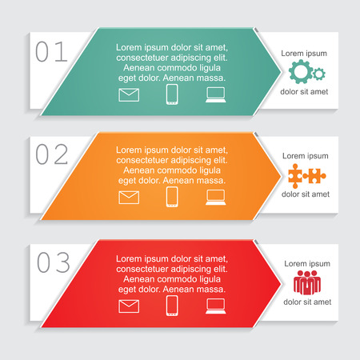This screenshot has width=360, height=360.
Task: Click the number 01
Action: coord(52,52)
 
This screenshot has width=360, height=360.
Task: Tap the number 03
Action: coord(53,261)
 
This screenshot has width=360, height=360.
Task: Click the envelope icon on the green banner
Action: coord(129,95)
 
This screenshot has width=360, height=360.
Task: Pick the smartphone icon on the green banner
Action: coord(171,94)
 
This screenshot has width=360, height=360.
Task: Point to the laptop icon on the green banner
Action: coord(216,95)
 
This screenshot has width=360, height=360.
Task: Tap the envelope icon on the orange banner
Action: coord(129,197)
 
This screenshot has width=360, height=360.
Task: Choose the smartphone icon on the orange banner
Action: coord(171,197)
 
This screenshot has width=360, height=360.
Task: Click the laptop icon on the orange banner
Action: coord(216,198)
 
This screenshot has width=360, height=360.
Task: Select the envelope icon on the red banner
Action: coord(129,305)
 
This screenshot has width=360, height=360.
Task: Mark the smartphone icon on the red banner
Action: coord(171,305)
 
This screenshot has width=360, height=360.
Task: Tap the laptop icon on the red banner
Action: coord(216,305)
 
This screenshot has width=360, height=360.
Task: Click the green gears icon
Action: coord(306,73)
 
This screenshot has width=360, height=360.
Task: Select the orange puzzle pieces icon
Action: coord(305,174)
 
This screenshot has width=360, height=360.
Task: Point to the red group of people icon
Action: coord(305,282)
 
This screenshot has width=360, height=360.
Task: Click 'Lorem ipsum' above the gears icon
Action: coord(305,53)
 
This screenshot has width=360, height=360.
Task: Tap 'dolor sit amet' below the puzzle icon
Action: coord(305,194)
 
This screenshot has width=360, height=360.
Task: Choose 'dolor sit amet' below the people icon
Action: coord(305,302)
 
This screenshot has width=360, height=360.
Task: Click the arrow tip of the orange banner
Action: coord(279,174)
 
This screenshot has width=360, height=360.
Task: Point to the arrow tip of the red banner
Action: coord(279,282)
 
